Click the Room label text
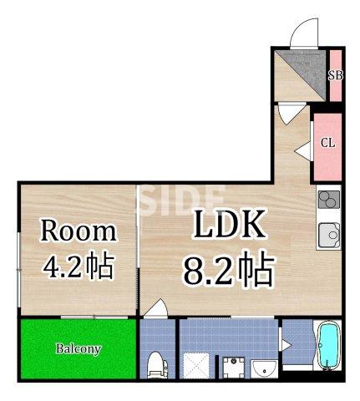79,231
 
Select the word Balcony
79,348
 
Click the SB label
335,75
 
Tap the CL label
328,143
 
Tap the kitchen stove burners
328,201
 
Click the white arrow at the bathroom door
285,343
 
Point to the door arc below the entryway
289,112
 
